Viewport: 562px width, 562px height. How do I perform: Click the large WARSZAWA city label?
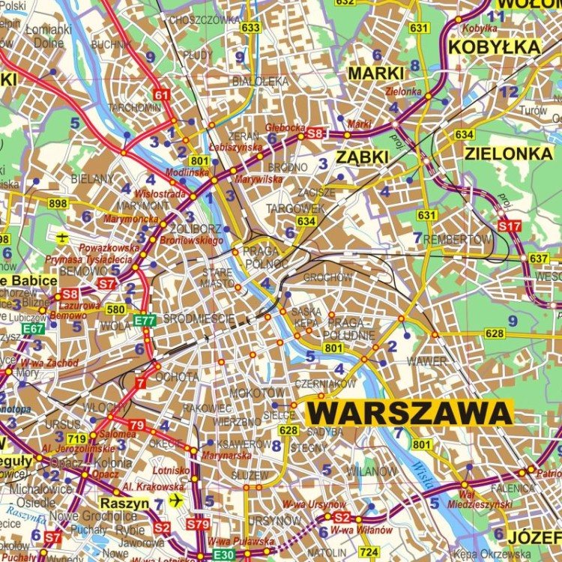(410, 412)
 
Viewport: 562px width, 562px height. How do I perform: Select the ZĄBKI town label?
(362, 157)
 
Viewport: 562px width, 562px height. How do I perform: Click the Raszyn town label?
(124, 504)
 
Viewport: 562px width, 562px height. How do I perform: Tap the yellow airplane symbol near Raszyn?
(176, 500)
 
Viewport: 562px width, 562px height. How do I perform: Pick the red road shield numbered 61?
(161, 95)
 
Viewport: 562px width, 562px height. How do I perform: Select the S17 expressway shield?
(509, 225)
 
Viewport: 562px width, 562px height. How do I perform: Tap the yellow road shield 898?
(58, 203)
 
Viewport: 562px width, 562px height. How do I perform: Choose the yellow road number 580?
(115, 309)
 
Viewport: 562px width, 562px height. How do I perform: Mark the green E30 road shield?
(223, 555)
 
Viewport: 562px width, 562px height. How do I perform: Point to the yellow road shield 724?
(368, 552)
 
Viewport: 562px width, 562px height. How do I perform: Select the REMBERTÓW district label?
(457, 239)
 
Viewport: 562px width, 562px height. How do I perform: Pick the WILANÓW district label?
(372, 471)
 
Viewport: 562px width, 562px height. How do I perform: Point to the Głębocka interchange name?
(284, 127)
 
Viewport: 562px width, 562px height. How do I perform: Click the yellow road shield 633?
(251, 28)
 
